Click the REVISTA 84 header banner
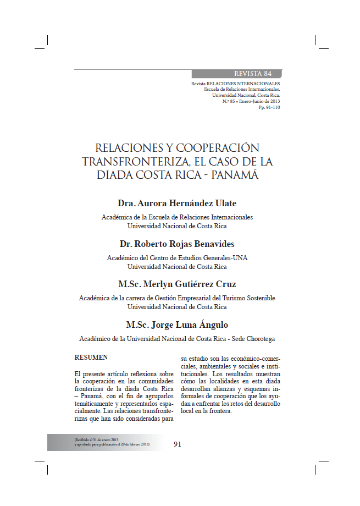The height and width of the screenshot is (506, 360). (252, 74)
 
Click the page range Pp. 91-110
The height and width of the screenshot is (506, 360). (269, 107)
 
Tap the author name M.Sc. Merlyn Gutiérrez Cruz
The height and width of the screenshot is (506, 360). (177, 284)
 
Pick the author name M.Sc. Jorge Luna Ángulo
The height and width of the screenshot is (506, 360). (177, 324)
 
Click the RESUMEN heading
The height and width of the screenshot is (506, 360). (91, 357)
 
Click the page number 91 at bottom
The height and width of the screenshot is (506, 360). (178, 444)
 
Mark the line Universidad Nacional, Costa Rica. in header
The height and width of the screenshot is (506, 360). (246, 95)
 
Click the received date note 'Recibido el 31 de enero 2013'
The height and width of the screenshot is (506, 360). (96, 440)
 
